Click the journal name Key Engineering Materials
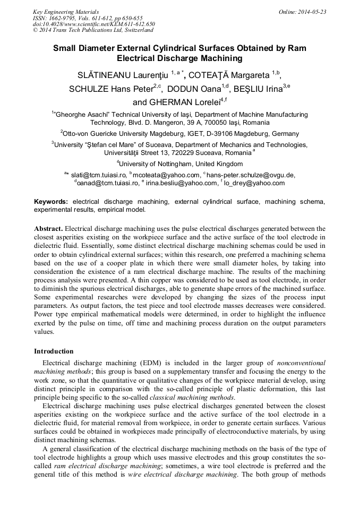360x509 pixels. [x=66, y=12]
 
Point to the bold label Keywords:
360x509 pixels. [x=51, y=202]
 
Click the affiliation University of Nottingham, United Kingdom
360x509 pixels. [x=180, y=163]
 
